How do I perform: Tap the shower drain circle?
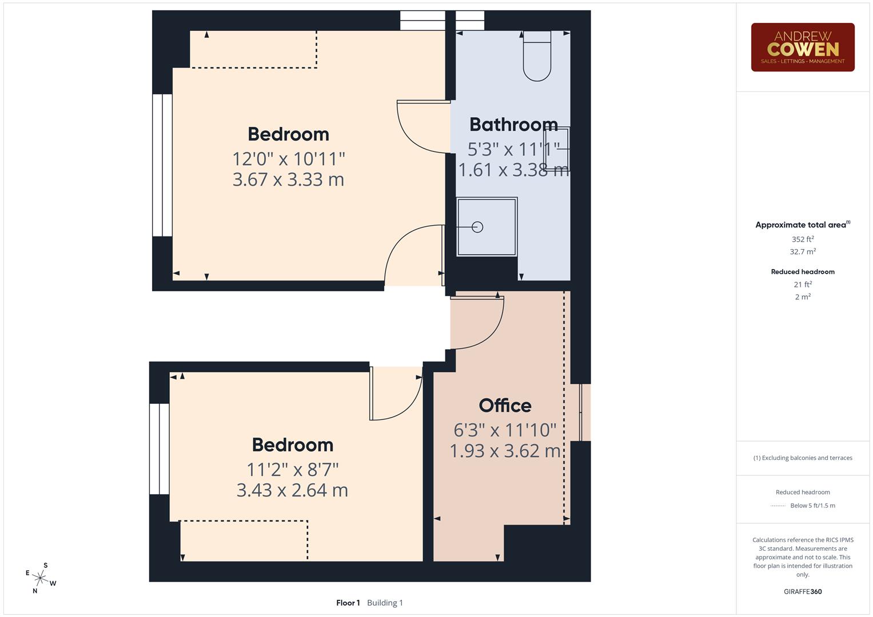(477, 227)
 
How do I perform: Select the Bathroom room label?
(513, 125)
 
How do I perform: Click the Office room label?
(505, 406)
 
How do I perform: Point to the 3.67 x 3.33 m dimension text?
(288, 179)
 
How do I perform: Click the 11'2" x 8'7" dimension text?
(292, 470)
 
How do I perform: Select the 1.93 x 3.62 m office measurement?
(505, 451)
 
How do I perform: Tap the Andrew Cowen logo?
(802, 47)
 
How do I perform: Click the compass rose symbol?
(40, 578)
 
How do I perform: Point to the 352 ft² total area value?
(802, 239)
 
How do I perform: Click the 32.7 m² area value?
(802, 251)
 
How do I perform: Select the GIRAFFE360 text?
(802, 591)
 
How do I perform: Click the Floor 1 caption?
(348, 603)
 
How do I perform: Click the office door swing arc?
(480, 323)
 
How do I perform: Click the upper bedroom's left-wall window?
(162, 165)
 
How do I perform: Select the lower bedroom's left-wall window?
(160, 449)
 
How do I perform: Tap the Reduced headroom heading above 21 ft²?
(802, 272)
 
